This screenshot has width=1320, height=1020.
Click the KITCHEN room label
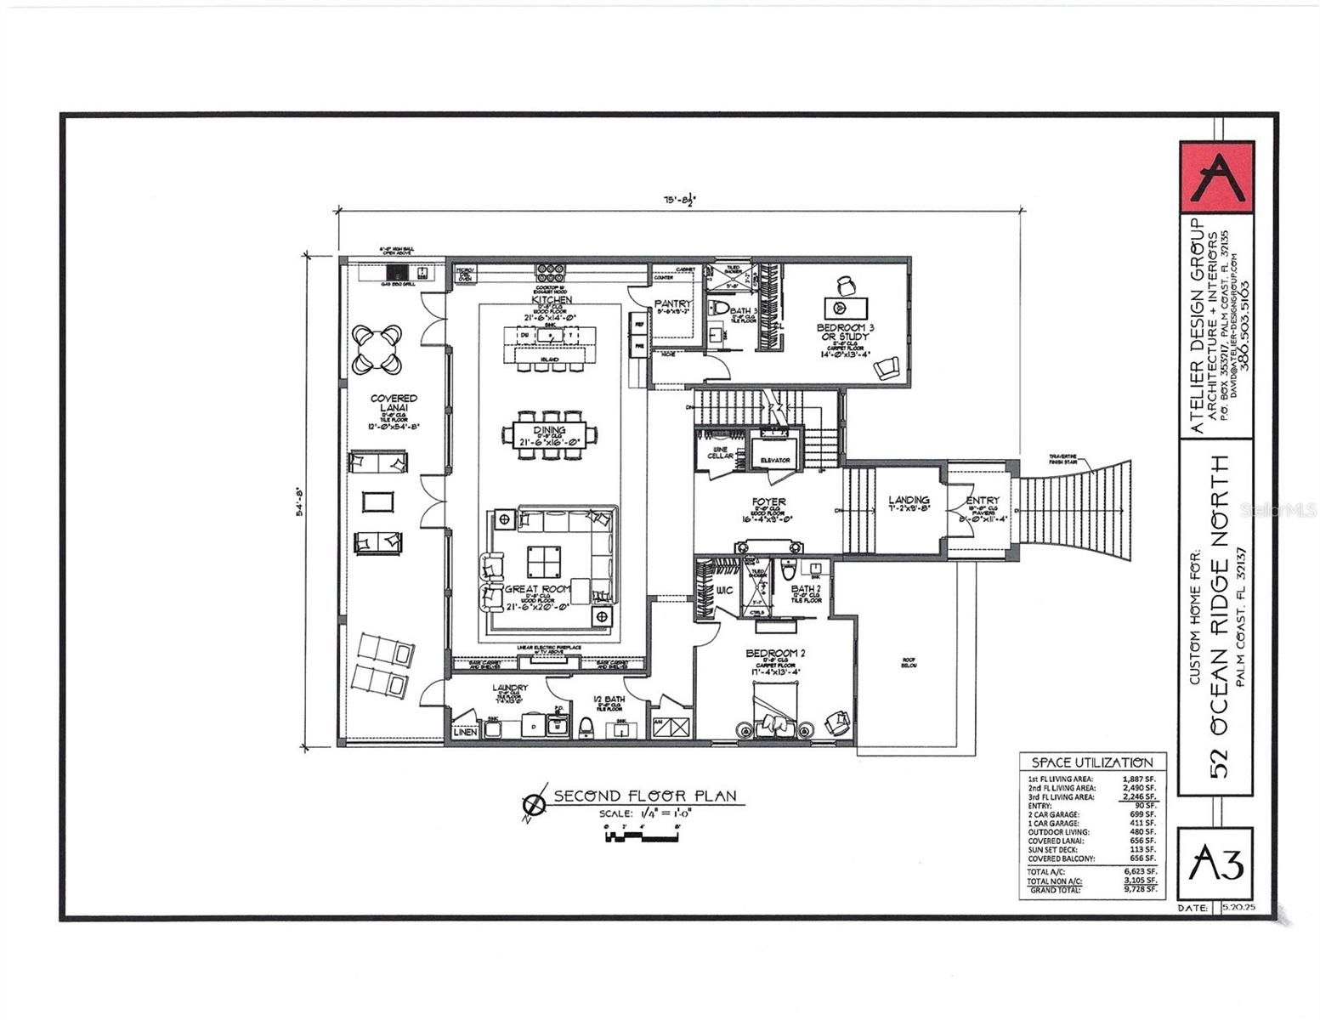point(551,300)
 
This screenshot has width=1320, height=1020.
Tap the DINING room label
point(550,430)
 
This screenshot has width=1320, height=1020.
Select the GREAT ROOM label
point(537,589)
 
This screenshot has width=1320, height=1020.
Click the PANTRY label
point(673,303)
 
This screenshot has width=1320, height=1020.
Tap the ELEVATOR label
point(775,460)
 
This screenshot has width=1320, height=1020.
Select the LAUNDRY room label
point(510,688)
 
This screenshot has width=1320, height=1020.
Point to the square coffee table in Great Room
point(544,561)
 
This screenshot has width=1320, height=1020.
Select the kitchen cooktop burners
point(550,272)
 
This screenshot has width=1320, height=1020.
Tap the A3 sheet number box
point(1216,864)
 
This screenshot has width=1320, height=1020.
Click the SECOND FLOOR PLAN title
point(644,796)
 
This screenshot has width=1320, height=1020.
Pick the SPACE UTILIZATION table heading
point(1092,762)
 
